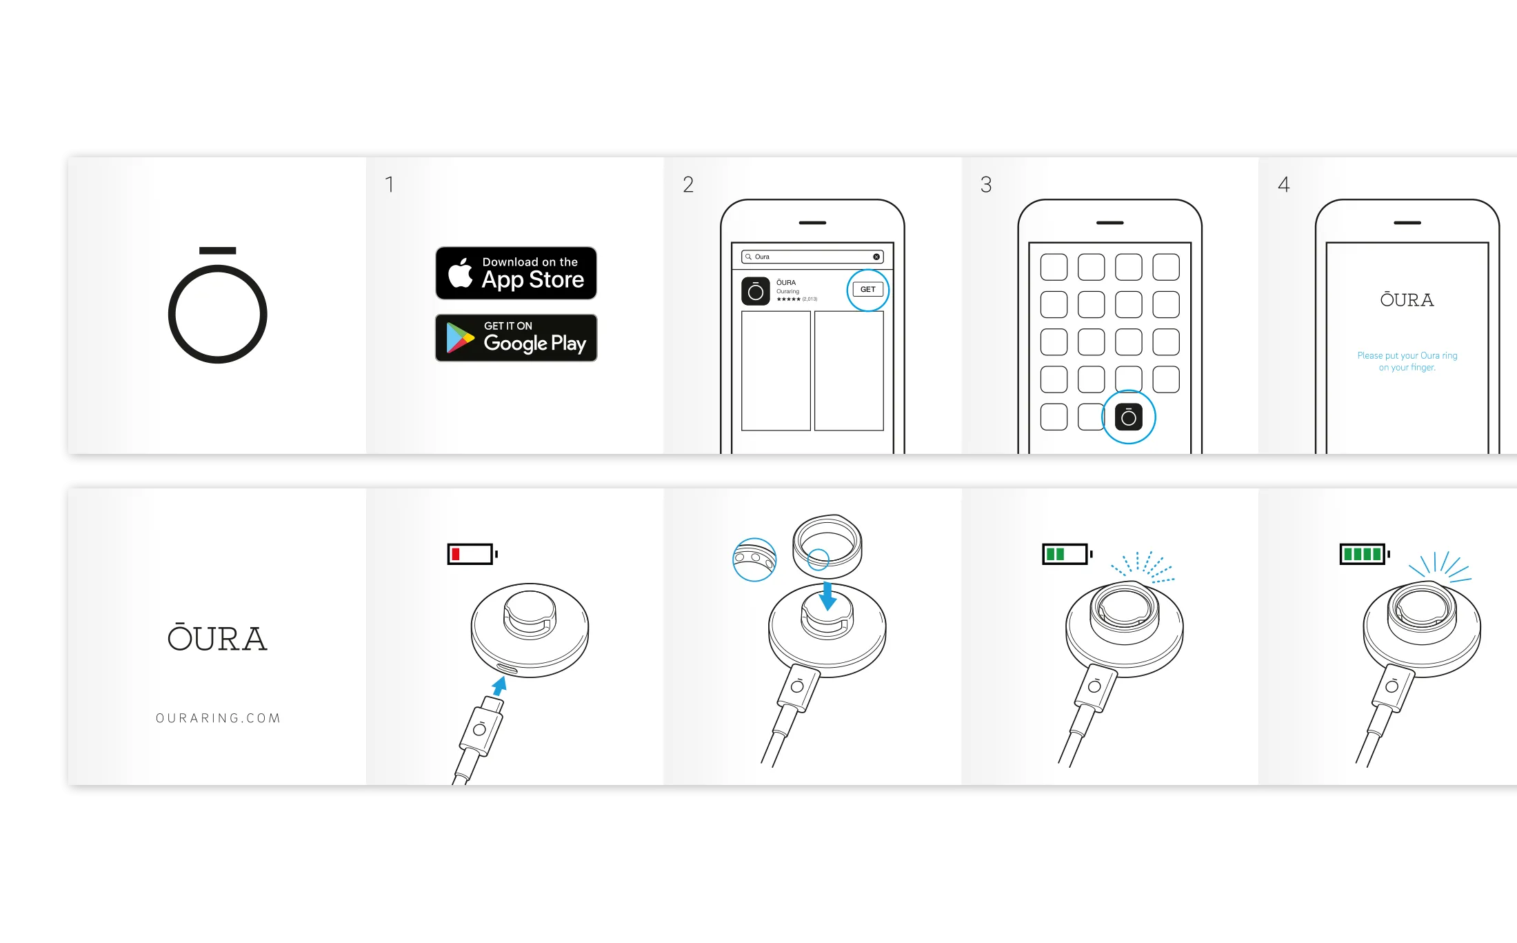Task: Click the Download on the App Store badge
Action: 516,273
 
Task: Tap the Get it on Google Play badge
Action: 516,338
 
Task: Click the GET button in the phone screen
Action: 867,290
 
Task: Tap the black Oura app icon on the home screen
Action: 1129,417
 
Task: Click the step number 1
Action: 390,185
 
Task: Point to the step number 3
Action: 986,185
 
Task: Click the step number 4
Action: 1283,185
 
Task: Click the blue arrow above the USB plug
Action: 499,686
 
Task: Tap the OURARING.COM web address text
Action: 218,718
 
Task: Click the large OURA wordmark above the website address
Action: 217,638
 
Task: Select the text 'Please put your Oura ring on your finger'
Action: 1407,361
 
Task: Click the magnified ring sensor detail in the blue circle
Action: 754,559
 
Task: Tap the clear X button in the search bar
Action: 876,257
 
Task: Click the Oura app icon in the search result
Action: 755,291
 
